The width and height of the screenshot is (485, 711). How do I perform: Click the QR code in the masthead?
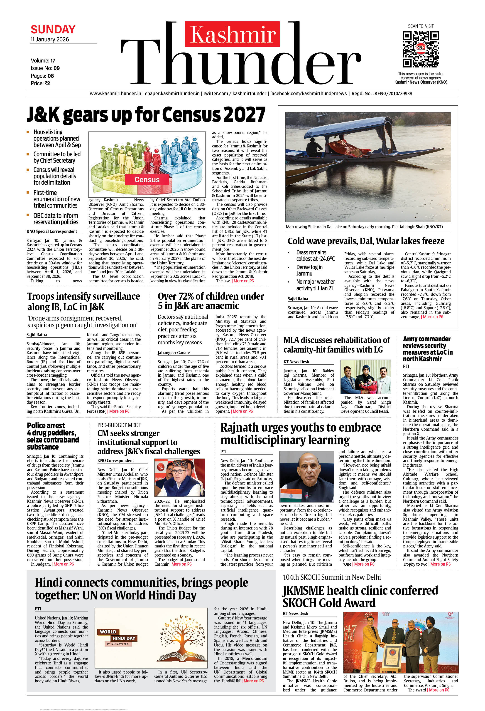coord(421,49)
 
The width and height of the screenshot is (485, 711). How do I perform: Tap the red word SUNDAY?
coord(53,30)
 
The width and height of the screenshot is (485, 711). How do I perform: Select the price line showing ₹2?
coord(40,83)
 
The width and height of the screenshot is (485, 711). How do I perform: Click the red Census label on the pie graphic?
coord(147,180)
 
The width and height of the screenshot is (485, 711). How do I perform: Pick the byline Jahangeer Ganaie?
coord(174,353)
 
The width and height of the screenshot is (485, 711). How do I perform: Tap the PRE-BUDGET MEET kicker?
coord(119,425)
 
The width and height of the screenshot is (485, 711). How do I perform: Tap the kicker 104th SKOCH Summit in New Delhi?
coord(332,577)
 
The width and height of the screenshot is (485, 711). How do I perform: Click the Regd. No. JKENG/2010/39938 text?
coord(382,94)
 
